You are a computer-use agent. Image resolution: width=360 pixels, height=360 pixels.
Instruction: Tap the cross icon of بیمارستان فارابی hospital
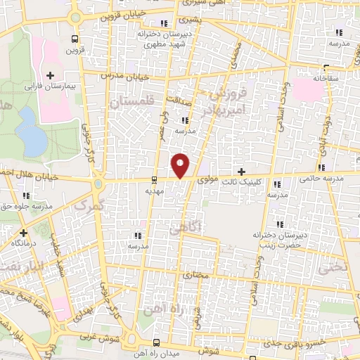pyautogui.click(x=50, y=75)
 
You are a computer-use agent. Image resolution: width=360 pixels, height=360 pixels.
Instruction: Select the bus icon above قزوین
pyautogui.click(x=75, y=39)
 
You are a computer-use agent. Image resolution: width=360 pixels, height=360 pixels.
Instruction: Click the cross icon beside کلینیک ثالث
pyautogui.click(x=242, y=172)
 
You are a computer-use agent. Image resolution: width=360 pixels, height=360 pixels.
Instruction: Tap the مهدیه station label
pyautogui.click(x=155, y=191)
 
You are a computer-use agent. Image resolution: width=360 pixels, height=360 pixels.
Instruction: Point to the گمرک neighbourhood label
pyautogui.click(x=88, y=207)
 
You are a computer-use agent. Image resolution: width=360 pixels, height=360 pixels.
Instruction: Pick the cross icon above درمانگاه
pyautogui.click(x=23, y=232)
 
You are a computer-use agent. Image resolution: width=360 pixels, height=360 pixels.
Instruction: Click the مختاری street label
pyautogui.click(x=197, y=276)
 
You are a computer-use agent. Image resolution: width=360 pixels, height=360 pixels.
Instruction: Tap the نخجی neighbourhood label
pyautogui.click(x=332, y=269)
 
